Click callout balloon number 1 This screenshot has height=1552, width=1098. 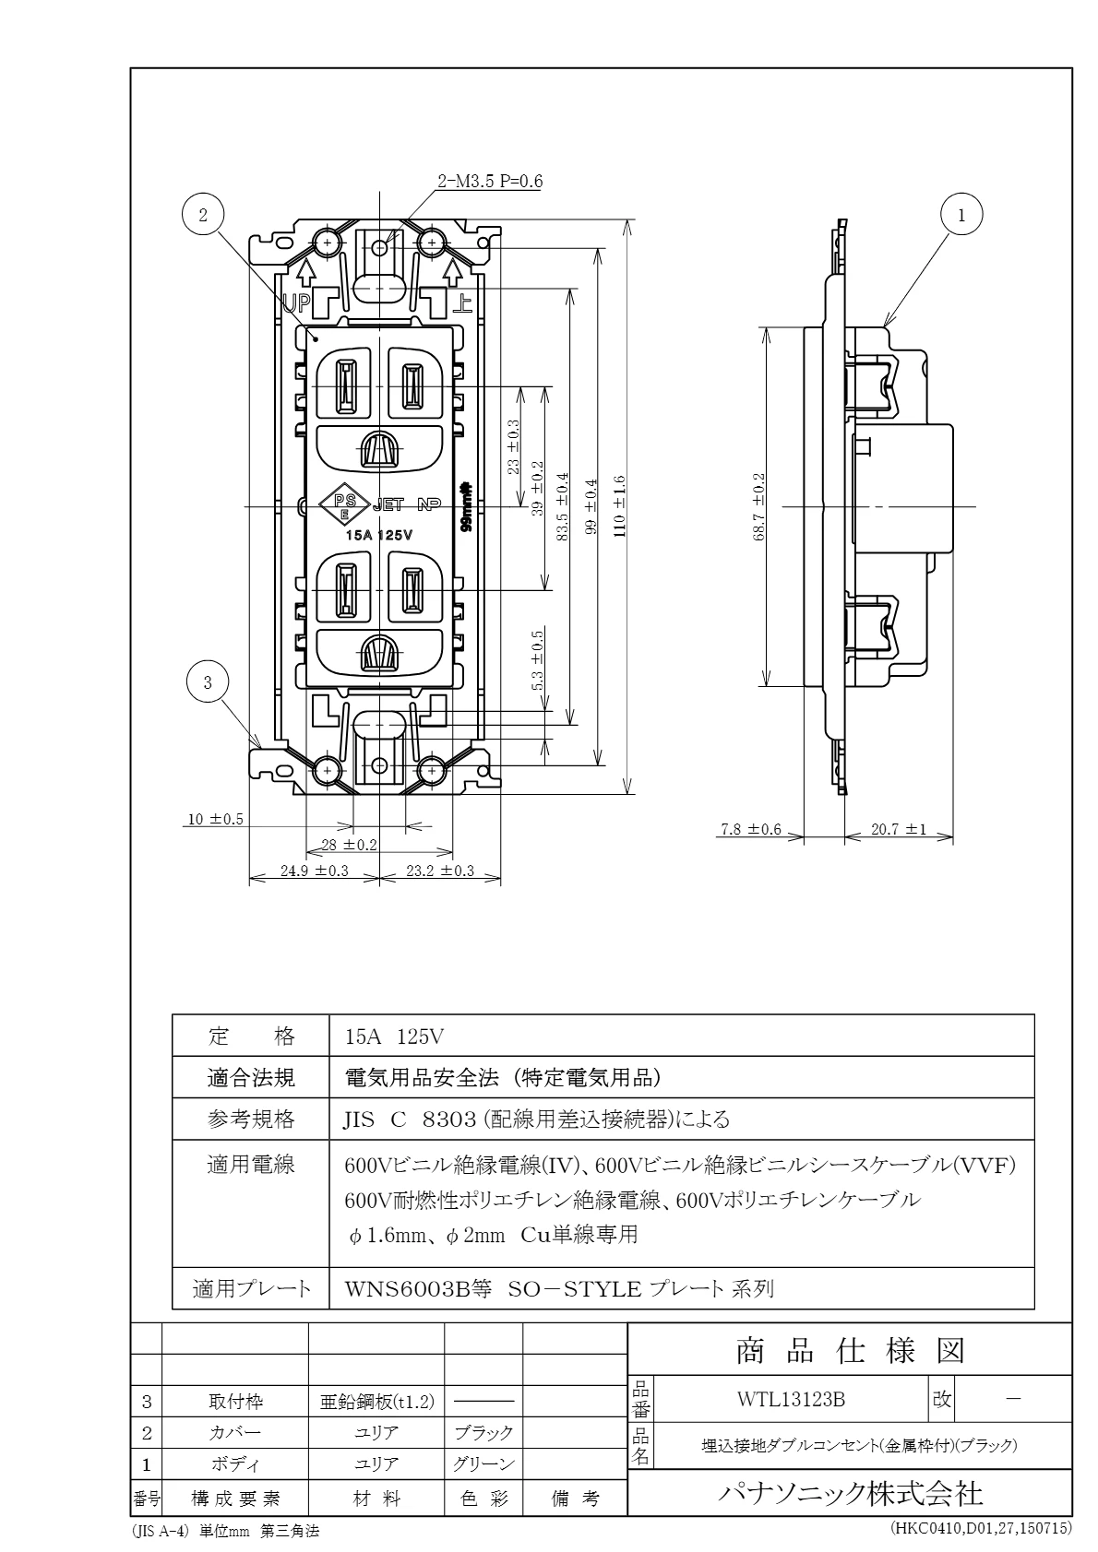[x=961, y=215]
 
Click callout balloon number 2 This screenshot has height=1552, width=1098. [x=204, y=215]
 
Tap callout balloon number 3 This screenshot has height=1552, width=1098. [x=208, y=682]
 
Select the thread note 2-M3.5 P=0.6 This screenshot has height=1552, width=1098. [x=490, y=181]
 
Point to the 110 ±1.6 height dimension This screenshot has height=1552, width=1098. [x=619, y=506]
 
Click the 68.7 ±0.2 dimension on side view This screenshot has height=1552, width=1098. [x=758, y=506]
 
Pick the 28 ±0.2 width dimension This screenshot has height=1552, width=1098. [x=349, y=844]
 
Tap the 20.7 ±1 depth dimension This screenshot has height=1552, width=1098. [x=898, y=829]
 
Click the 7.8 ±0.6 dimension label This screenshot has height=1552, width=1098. [x=750, y=829]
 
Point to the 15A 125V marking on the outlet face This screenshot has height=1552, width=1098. [x=378, y=535]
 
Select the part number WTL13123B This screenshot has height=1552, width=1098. [x=791, y=1399]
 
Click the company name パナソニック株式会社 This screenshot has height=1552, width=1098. [x=850, y=1493]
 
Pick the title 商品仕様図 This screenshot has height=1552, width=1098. [x=850, y=1351]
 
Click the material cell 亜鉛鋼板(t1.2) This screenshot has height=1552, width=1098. [x=376, y=1402]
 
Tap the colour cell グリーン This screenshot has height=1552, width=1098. [x=483, y=1463]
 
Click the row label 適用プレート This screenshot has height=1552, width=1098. [x=251, y=1288]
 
